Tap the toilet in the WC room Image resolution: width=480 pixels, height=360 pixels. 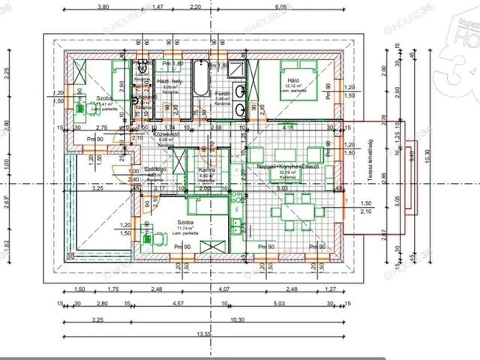click(x=141, y=72)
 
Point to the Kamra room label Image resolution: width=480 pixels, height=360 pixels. click(x=207, y=170)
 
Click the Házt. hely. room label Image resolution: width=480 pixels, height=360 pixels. click(x=169, y=80)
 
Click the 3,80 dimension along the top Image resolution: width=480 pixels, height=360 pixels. click(x=103, y=7)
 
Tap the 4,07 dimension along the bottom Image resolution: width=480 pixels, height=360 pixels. click(x=223, y=289)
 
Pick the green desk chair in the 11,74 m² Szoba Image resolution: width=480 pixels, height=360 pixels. click(x=158, y=239)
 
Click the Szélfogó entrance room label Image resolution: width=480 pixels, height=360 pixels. click(x=154, y=169)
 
